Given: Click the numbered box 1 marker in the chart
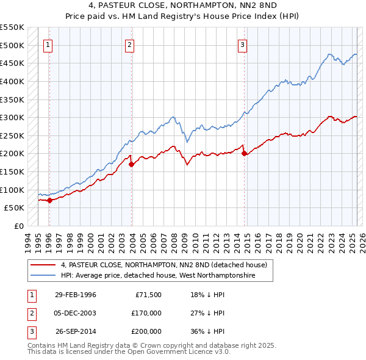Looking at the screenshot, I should pos(48,44).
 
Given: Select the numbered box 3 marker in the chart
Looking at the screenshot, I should pos(243,44).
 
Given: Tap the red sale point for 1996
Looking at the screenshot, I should pos(49,200).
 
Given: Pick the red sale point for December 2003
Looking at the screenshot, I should pos(131,164).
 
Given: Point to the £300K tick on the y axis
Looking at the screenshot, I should pos(12,117).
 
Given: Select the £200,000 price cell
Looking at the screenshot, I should pos(146,331).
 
